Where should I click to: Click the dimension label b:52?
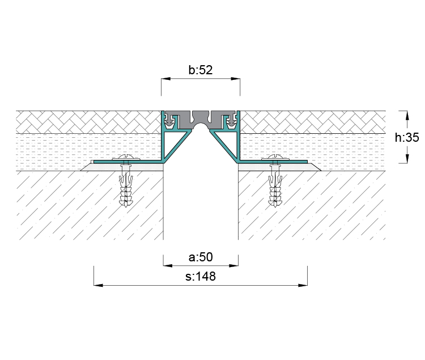[201, 70]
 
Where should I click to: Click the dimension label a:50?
[201, 257]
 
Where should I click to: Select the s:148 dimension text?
[201, 277]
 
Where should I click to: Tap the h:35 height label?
[407, 137]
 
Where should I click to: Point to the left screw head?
[126, 158]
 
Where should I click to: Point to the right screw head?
[275, 158]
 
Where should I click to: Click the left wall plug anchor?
[126, 187]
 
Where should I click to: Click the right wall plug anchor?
[275, 187]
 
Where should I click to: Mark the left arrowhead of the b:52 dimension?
[166, 79]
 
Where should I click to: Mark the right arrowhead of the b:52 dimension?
[235, 79]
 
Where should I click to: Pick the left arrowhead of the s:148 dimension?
[99, 285]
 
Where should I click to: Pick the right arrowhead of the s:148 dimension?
[303, 285]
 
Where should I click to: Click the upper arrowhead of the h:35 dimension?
[407, 116]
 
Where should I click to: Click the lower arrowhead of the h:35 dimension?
[407, 158]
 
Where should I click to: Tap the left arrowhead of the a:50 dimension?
[168, 265]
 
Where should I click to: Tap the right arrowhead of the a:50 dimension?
[233, 265]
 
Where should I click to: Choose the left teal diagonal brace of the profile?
[177, 146]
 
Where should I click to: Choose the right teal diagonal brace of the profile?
[224, 146]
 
